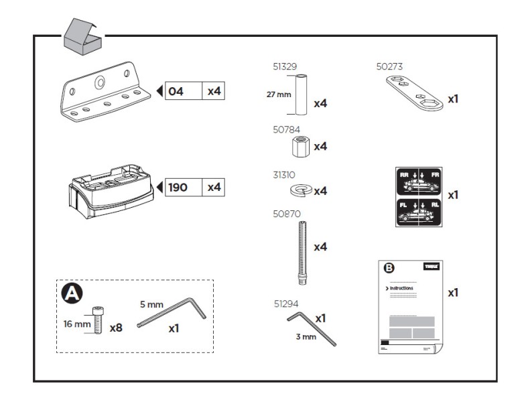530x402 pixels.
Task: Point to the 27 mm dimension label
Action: pyautogui.click(x=279, y=94)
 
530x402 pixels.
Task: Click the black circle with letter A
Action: pyautogui.click(x=70, y=293)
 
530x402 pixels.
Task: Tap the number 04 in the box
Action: pyautogui.click(x=176, y=91)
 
